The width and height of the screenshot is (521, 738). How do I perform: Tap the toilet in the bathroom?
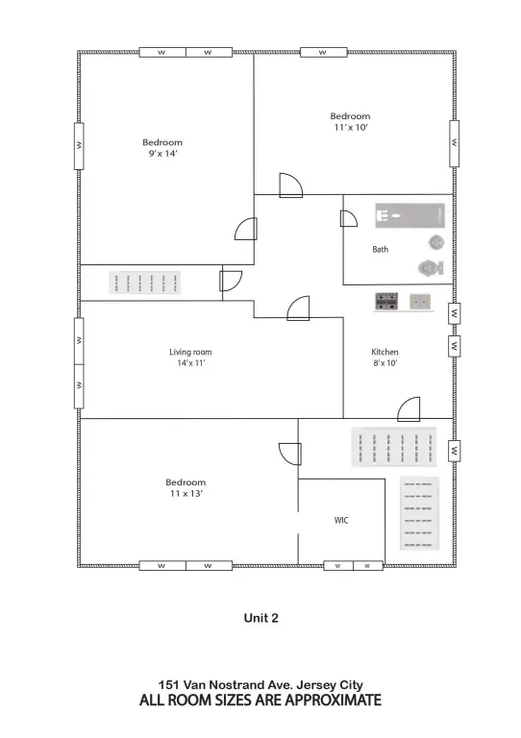[430, 266]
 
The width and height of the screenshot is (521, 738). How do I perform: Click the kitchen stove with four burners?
[387, 302]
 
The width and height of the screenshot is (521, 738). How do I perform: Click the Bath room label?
[381, 250]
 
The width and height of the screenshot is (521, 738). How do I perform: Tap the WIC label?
[340, 520]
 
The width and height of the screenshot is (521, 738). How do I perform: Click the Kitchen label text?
[385, 352]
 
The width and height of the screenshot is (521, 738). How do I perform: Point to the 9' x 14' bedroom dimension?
[162, 154]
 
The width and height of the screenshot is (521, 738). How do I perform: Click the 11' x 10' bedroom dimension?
[350, 127]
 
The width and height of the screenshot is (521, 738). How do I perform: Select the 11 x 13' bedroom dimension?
[186, 493]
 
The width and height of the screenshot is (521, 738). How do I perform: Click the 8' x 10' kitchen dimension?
[385, 363]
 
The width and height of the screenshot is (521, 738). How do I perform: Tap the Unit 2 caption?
[260, 619]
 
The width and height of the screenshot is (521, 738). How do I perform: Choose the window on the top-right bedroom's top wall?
[323, 52]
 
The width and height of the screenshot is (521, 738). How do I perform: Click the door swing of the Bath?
[349, 218]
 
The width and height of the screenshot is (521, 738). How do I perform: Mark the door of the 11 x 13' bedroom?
[287, 452]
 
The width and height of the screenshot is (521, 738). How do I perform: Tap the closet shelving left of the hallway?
[147, 283]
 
